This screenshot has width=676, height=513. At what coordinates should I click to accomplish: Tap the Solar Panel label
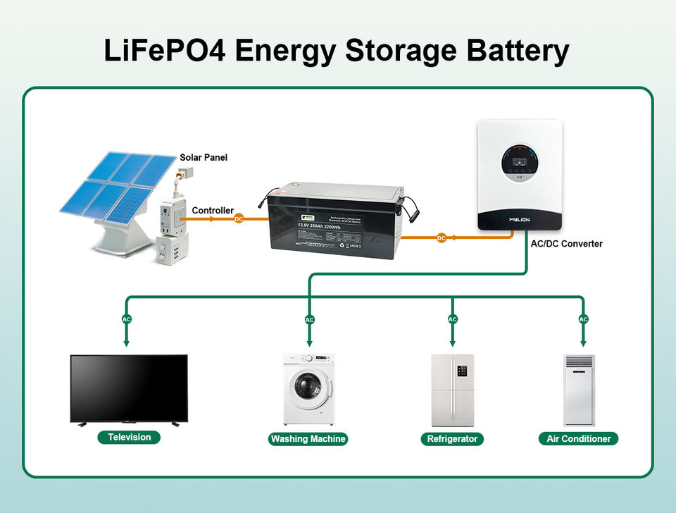coord(204,157)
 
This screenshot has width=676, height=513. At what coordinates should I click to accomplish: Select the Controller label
coord(213,210)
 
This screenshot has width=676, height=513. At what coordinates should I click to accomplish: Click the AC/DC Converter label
coord(567,244)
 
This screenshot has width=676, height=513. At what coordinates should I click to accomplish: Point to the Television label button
coord(129,438)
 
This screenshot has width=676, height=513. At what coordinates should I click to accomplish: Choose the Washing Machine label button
coord(308,439)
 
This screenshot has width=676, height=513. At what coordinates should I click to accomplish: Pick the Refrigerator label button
coord(452,439)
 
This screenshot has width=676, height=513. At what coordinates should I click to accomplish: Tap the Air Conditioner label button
coord(578,439)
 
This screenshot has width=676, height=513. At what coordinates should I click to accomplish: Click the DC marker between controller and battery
coord(239,219)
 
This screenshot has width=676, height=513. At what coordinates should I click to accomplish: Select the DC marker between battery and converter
coord(442,238)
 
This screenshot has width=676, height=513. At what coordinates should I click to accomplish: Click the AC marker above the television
coord(127,319)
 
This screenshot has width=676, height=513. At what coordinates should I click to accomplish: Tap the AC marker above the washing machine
coord(310,320)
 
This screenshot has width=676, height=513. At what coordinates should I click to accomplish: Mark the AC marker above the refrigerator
coord(453,319)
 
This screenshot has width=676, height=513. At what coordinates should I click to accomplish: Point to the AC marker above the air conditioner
coord(583,319)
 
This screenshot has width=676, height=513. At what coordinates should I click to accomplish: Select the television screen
coord(129,387)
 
